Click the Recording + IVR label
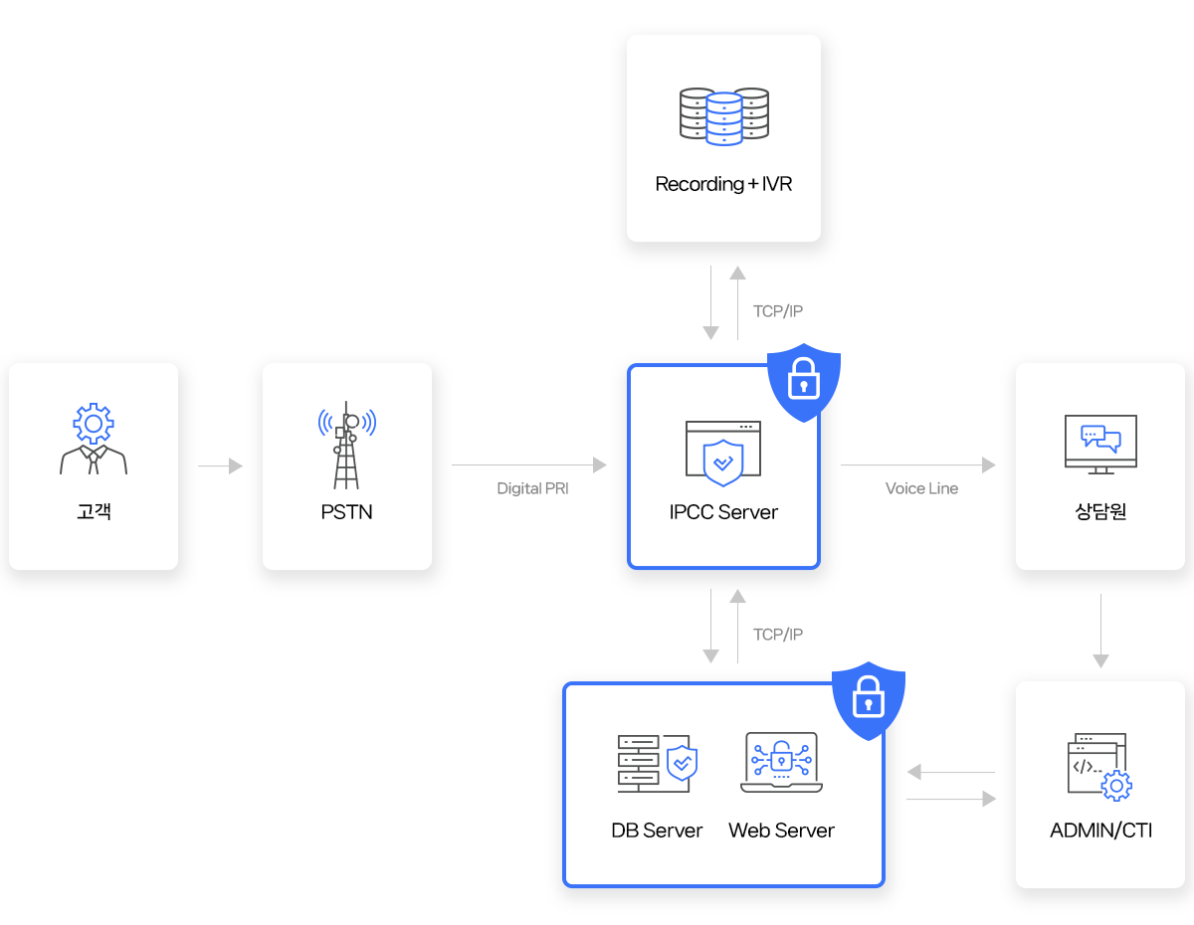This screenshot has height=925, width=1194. pos(723,184)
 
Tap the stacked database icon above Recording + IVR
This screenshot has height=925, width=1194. pos(723,116)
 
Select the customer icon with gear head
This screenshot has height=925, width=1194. pos(94,439)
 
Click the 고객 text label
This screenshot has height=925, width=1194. pos(94,513)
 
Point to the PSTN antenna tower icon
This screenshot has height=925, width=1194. pos(346,446)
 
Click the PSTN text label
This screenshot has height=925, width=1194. pos(346,513)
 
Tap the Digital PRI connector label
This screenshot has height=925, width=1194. pos(532,488)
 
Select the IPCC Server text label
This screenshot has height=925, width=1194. pos(723,513)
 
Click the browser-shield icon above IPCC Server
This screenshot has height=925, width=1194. pos(723,453)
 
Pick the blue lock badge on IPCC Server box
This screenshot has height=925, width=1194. pos(803,379)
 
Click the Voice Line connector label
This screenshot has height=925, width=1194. pos(921,488)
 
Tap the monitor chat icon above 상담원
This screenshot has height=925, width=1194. pos(1100,444)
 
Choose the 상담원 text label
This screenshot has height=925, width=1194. pos(1100,513)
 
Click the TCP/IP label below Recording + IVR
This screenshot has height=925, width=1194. pos(778,311)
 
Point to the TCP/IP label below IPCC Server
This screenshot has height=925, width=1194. pos(778,635)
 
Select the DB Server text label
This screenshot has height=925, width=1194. pos(657,831)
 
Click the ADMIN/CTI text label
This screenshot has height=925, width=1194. pos(1100,831)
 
